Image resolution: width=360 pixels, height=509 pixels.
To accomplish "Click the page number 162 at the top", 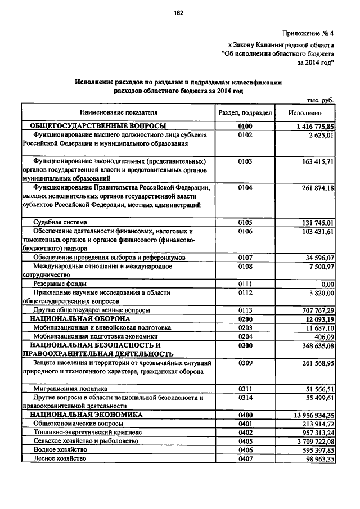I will [x=179, y=13].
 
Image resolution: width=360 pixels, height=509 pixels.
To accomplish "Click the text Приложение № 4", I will [x=309, y=33].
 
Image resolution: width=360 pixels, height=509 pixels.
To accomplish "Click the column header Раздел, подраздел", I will [x=245, y=113].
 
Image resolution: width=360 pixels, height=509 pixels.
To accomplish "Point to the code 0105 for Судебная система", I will [x=245, y=222].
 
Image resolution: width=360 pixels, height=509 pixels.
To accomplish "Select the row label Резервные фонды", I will [x=60, y=284].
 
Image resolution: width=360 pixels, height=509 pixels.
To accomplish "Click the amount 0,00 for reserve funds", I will [x=327, y=284].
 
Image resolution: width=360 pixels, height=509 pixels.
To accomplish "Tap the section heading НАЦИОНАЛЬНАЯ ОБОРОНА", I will [x=80, y=319].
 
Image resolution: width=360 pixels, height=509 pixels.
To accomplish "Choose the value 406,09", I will [x=323, y=336].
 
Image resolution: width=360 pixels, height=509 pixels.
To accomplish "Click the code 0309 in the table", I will [x=245, y=363].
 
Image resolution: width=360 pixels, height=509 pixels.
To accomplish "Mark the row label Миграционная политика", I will [x=70, y=389].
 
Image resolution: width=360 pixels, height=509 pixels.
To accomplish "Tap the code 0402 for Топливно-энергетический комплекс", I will [x=245, y=433].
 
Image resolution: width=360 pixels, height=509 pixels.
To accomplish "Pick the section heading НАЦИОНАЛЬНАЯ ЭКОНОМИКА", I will [x=86, y=415].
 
